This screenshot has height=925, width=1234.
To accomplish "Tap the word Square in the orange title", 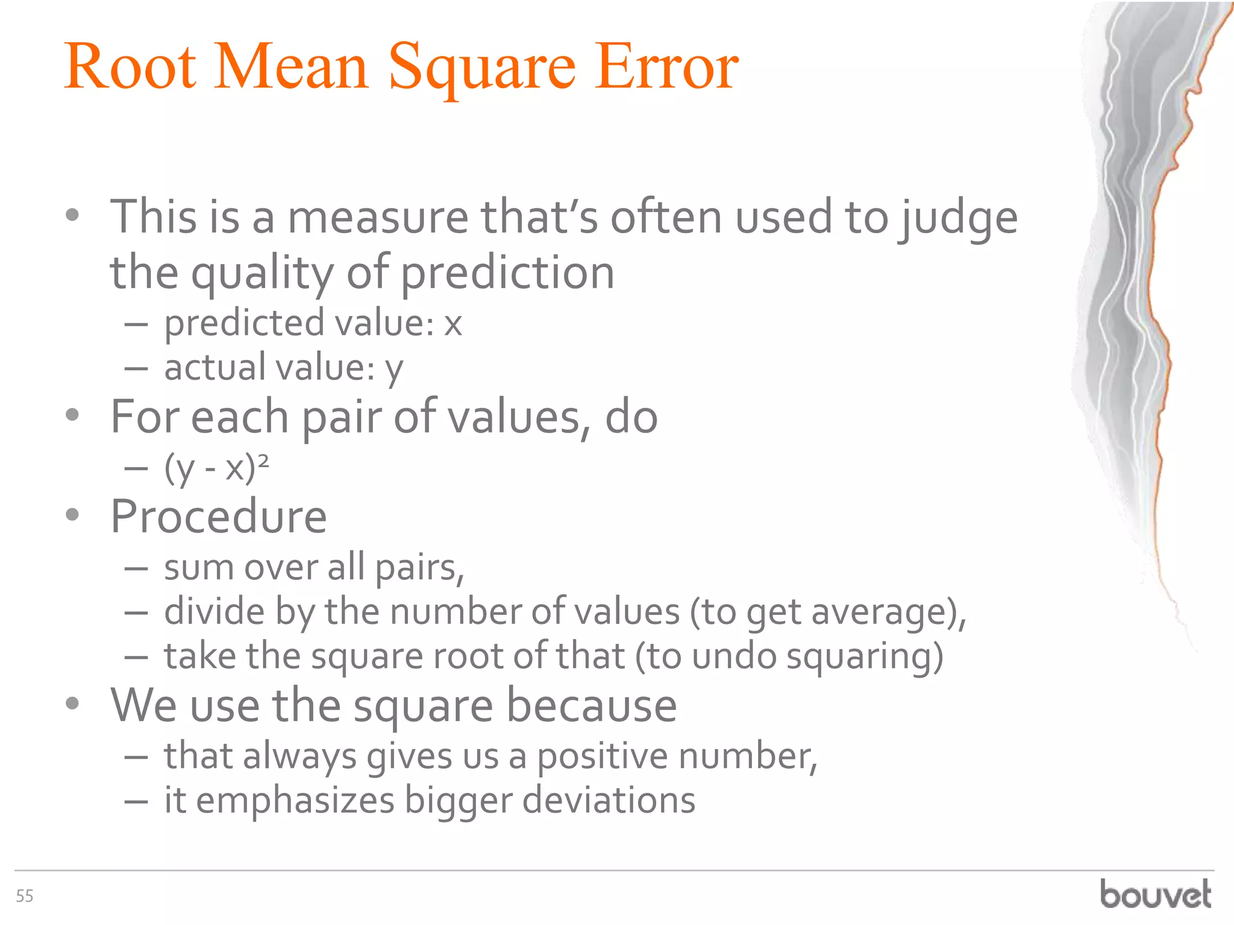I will [x=482, y=67].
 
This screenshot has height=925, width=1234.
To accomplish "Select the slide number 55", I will [x=25, y=896].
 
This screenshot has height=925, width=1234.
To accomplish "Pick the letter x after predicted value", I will [x=453, y=324].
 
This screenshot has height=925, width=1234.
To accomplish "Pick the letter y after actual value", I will [x=394, y=369].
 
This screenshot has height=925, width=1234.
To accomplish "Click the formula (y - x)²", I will [x=217, y=467].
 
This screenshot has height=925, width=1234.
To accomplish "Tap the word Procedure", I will [x=219, y=517].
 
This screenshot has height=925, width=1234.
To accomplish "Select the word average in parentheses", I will [x=882, y=613].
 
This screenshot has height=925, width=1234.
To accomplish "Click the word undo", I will [x=734, y=656].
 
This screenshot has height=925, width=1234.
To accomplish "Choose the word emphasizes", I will [x=295, y=802].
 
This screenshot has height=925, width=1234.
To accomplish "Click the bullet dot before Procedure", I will [x=73, y=515].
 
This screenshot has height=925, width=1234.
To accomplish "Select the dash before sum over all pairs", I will [x=136, y=568].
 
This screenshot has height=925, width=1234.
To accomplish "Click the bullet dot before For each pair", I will [x=73, y=415].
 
